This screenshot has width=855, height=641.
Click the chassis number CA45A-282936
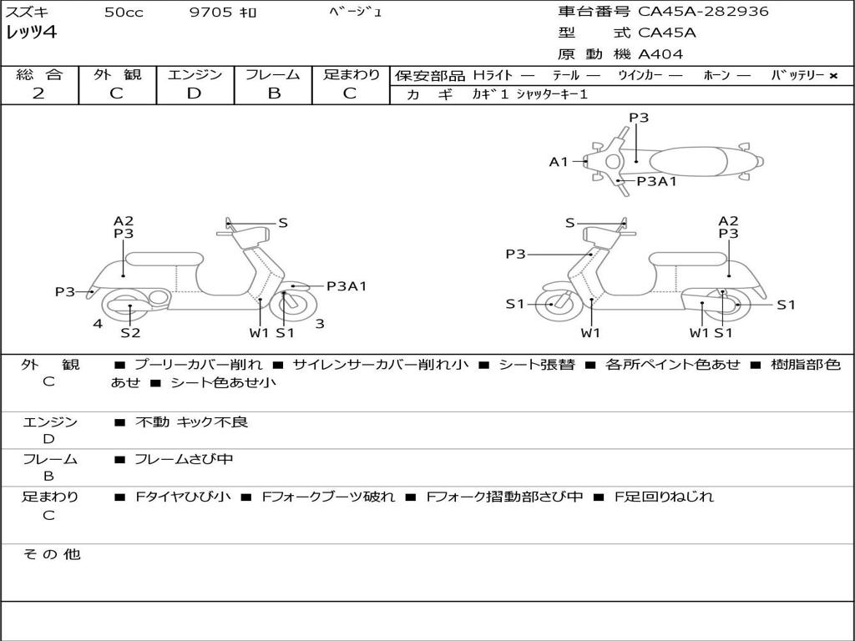tap(703, 12)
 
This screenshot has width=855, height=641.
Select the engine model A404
tap(660, 54)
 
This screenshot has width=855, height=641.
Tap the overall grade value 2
tap(38, 93)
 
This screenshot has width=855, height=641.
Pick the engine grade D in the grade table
tap(194, 93)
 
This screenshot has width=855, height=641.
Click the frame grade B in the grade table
tap(273, 93)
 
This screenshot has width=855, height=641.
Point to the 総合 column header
tap(38, 74)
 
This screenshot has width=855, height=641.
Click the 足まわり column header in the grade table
tap(352, 74)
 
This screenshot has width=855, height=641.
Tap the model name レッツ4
tap(31, 33)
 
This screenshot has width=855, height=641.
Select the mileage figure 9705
tap(210, 13)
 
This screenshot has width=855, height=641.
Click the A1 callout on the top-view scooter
tap(558, 162)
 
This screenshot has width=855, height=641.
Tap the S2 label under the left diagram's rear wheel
tap(130, 333)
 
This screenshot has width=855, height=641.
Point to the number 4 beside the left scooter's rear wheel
tap(98, 324)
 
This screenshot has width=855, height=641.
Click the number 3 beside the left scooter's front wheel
tap(320, 324)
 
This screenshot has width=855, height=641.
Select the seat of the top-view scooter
tap(689, 160)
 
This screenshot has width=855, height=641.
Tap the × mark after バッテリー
tap(833, 75)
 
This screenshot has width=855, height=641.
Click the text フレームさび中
tap(184, 459)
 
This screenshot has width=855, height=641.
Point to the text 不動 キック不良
tap(191, 422)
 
